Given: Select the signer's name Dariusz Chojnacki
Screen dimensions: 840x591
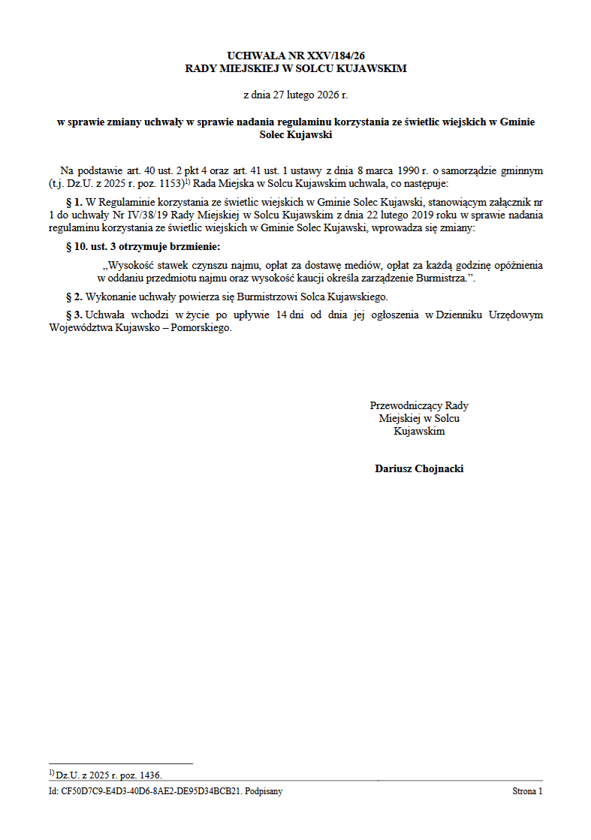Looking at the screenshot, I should [419, 468].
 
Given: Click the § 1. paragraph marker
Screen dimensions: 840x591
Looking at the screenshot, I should [74, 202].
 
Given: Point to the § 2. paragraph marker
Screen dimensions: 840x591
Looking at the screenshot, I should [74, 297].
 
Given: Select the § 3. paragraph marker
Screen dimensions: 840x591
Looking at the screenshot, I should [74, 315].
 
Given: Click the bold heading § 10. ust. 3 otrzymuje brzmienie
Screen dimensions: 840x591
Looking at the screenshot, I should [143, 246].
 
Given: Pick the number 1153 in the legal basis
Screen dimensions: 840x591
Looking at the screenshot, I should [170, 183].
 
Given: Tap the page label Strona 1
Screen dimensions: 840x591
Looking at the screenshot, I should [527, 791].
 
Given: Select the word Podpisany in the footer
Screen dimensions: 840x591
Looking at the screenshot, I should [264, 791].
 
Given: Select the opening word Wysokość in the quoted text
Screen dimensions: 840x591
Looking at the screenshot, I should [128, 265].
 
